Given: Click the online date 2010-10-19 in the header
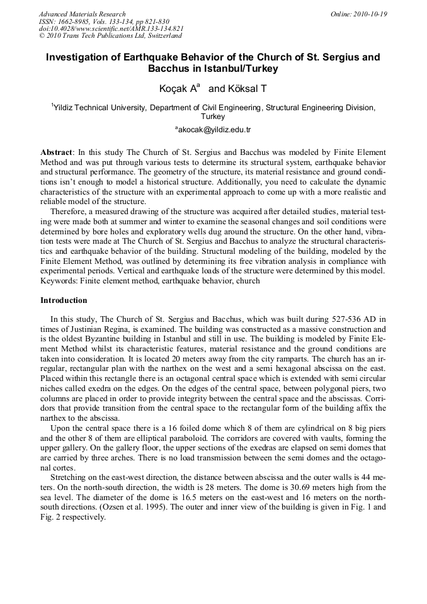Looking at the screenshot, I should click(368, 14).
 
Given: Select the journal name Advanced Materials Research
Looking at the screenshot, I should click(82, 14).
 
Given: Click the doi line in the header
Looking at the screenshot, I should click(111, 29).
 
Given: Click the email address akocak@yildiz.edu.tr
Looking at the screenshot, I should click(214, 130).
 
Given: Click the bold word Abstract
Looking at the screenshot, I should click(56, 152).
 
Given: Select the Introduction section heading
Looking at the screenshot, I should click(64, 300).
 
